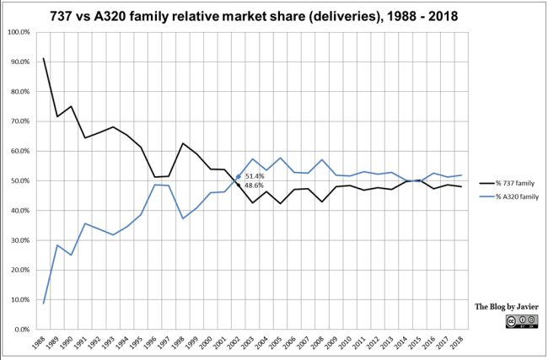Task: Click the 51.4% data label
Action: pos(254,176)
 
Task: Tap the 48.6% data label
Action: pos(254,185)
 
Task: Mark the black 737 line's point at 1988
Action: pos(44,58)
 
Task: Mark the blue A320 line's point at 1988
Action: pos(44,303)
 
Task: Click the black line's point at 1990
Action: pos(70,106)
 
